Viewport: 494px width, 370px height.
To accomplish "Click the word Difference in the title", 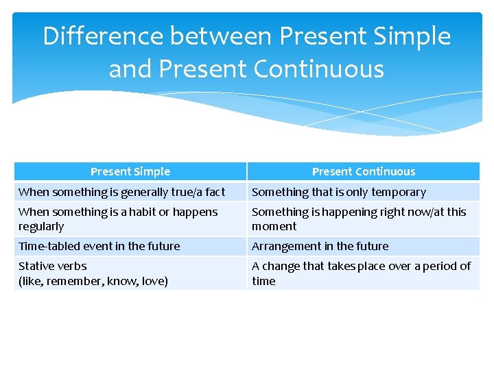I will click(x=103, y=36).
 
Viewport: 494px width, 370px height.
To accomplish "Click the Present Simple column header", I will click(x=130, y=171).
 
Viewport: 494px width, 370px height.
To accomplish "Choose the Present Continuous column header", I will click(x=364, y=171).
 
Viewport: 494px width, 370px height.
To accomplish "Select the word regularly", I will click(x=41, y=227).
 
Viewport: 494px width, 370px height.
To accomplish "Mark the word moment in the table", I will click(x=274, y=227).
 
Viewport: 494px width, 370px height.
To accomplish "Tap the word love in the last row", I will click(x=152, y=281).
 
